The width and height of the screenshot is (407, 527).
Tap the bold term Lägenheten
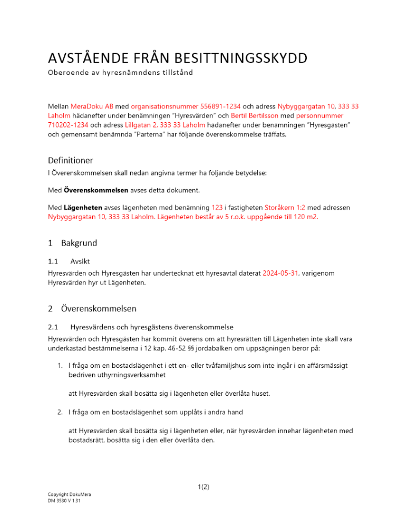(80, 208)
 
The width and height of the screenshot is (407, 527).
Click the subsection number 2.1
(53, 327)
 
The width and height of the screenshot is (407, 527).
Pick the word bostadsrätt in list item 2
(88, 441)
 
